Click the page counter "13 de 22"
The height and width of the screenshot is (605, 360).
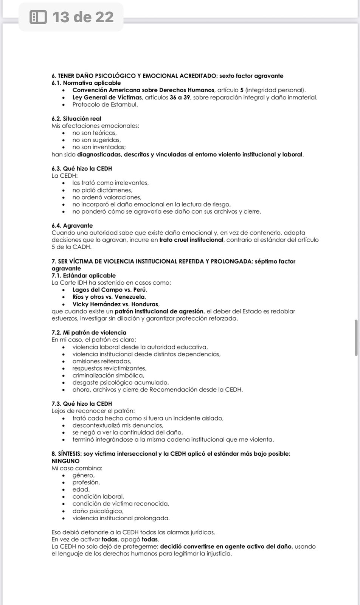(x=83, y=17)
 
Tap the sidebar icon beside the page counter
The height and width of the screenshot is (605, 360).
(x=38, y=17)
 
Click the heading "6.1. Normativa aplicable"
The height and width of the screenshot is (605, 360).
(x=86, y=83)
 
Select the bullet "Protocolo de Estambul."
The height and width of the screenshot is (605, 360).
(x=105, y=104)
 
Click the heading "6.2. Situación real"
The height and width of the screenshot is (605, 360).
(x=76, y=119)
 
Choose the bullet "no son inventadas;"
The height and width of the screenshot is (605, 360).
(x=99, y=147)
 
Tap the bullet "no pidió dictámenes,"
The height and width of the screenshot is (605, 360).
(x=102, y=190)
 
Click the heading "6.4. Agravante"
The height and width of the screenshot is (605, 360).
(x=72, y=226)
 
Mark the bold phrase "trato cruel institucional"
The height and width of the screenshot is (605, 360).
(x=191, y=240)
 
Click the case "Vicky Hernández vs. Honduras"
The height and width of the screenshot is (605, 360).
(x=116, y=304)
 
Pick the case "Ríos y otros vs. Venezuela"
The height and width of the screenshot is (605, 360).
(x=109, y=297)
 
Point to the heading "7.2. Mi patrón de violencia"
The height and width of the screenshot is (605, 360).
(x=89, y=333)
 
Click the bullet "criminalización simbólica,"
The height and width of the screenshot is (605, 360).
(x=108, y=375)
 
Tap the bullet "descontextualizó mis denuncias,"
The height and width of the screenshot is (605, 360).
(x=118, y=425)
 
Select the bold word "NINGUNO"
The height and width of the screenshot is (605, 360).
(x=65, y=461)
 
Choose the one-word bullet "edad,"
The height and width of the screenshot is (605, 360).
(x=81, y=490)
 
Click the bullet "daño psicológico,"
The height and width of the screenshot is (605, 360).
(x=98, y=511)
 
